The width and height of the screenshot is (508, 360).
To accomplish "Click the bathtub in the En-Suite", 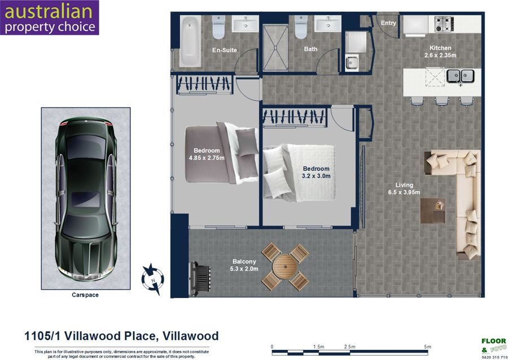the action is click(x=190, y=41).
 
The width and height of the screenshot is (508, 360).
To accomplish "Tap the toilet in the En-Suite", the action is click(x=218, y=27).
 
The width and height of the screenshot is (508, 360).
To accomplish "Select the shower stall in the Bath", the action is click(x=275, y=47).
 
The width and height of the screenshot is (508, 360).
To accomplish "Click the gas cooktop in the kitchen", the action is click(x=444, y=24).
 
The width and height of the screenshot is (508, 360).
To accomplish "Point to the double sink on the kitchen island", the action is click(x=460, y=76).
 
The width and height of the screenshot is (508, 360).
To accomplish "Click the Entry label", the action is click(x=388, y=23).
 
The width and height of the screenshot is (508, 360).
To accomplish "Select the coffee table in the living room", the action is click(x=432, y=211).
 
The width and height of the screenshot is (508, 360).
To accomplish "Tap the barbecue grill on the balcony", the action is click(x=200, y=278).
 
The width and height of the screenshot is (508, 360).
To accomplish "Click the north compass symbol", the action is click(x=152, y=279).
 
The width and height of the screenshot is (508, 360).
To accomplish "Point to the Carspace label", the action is click(x=85, y=295).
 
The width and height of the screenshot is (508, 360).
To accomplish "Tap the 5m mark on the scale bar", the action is click(x=428, y=346).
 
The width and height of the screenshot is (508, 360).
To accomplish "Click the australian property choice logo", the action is click(x=50, y=17).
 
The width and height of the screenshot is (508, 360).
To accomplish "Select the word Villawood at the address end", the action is click(x=191, y=336).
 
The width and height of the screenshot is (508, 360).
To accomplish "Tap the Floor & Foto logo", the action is click(x=494, y=348).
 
